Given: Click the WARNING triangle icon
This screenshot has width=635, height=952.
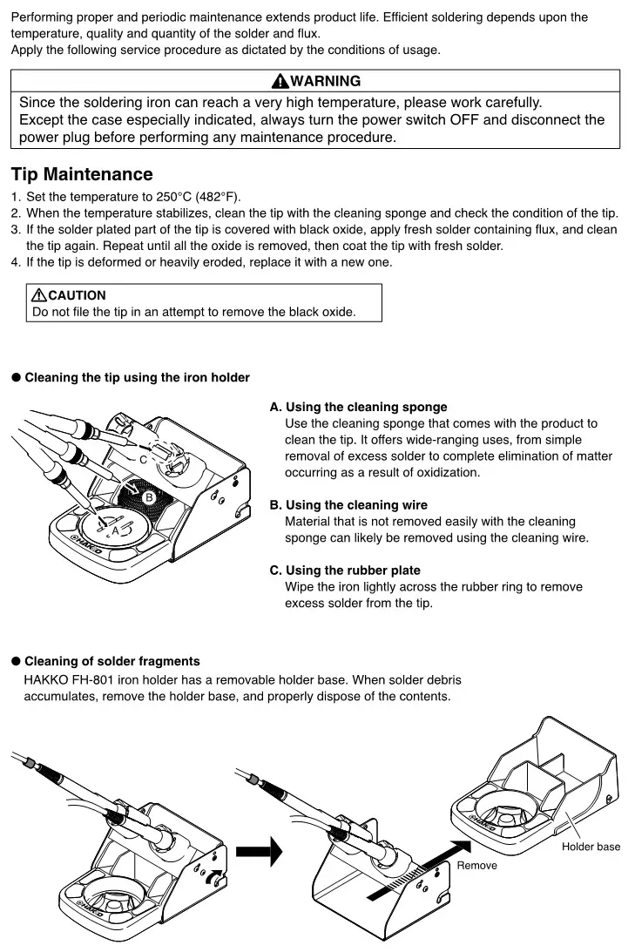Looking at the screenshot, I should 280,81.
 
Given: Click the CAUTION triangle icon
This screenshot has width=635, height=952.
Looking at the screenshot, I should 39,295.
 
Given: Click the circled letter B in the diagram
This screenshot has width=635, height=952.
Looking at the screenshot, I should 148,497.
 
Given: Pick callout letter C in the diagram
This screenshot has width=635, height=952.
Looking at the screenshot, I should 143,458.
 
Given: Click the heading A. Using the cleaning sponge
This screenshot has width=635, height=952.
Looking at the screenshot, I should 358,407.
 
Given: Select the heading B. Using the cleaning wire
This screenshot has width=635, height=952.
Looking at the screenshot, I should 348,505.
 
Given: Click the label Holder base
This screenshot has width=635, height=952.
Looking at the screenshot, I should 591,847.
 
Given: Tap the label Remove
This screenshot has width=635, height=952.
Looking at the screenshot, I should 476,865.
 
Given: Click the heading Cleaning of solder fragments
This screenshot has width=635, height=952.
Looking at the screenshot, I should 111,661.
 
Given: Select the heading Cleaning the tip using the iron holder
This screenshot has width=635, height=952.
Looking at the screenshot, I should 137,377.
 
